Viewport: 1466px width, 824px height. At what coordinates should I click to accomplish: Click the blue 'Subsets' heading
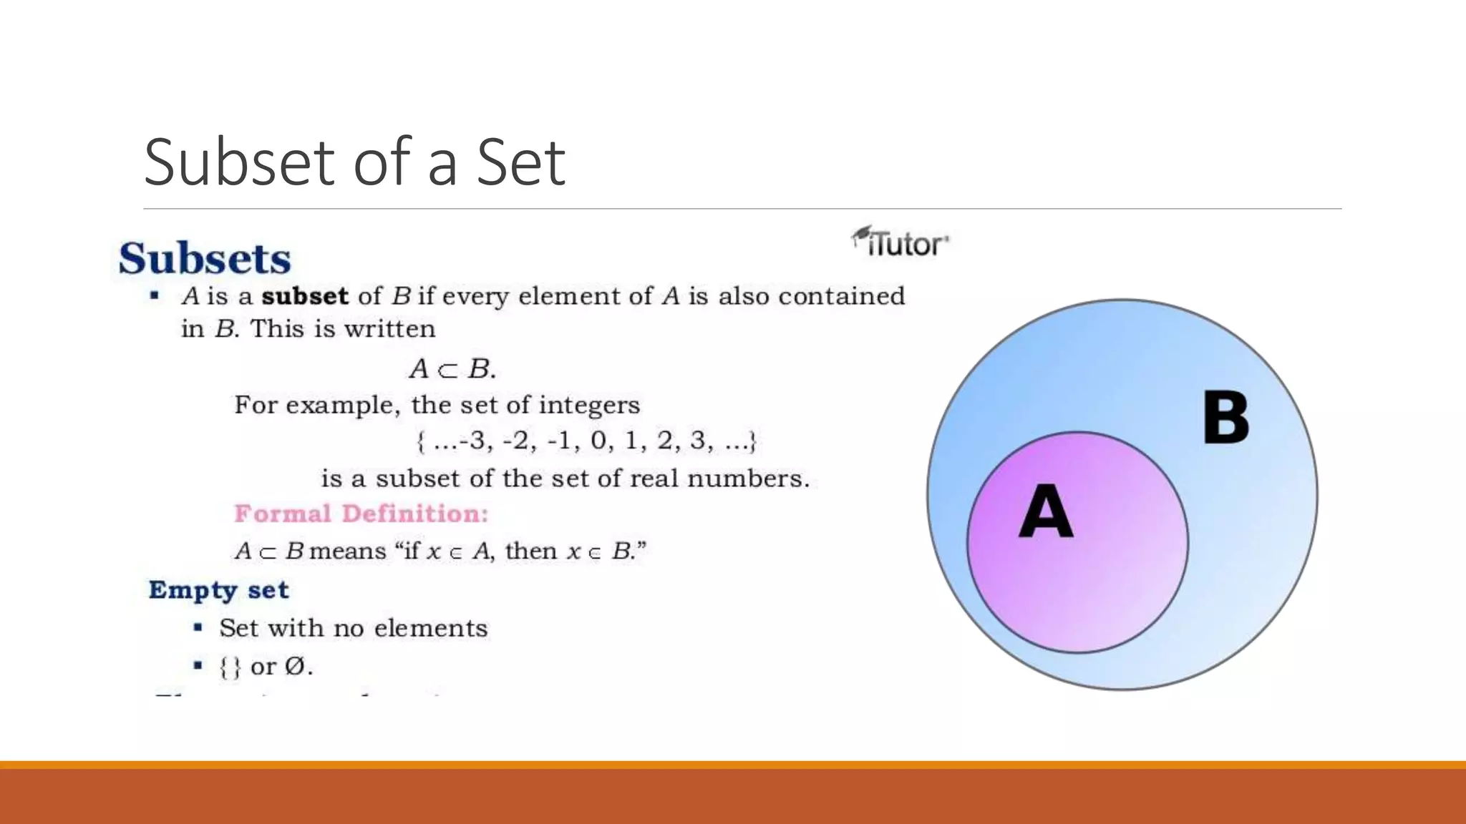tap(205, 258)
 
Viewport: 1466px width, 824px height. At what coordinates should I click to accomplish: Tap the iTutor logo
tap(901, 242)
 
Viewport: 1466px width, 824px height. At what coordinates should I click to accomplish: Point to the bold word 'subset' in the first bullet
tap(305, 296)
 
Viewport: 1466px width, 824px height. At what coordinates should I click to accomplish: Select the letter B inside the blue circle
tap(1225, 418)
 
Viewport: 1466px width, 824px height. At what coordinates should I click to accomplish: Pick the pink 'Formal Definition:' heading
tap(361, 514)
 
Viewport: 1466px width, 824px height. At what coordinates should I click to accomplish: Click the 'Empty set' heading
tap(218, 590)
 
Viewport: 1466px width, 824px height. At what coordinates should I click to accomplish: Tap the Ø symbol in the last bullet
tap(294, 666)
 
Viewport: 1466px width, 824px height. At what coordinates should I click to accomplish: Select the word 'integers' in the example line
tap(589, 406)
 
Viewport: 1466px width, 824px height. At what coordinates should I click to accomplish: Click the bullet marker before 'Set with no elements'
tap(198, 628)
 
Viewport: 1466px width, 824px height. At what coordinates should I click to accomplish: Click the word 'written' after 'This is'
tap(389, 329)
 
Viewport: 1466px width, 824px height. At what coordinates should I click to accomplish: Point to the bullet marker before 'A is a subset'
tap(154, 295)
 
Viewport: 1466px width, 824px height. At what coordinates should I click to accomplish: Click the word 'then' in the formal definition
tap(530, 551)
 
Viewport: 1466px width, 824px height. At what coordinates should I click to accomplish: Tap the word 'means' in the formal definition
tap(348, 551)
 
